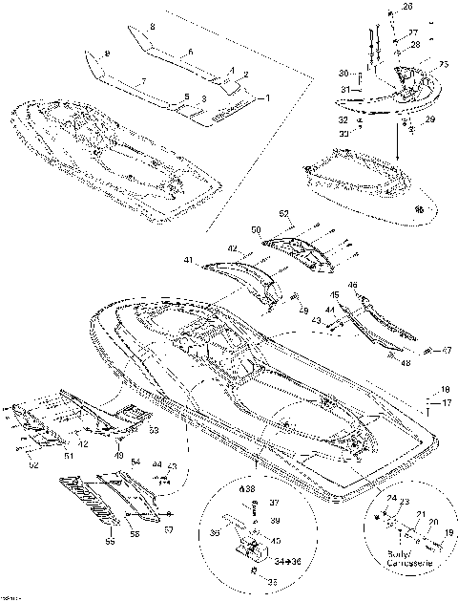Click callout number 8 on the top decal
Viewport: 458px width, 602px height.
pos(152,31)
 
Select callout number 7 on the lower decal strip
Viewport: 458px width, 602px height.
pos(143,84)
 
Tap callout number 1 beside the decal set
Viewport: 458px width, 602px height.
pos(268,97)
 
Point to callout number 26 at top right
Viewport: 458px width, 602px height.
pos(409,8)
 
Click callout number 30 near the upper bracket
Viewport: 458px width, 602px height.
pos(344,75)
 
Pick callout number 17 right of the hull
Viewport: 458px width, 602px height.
pos(445,403)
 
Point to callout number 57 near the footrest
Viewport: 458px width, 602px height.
pos(168,527)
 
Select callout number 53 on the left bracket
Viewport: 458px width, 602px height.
pos(152,431)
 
